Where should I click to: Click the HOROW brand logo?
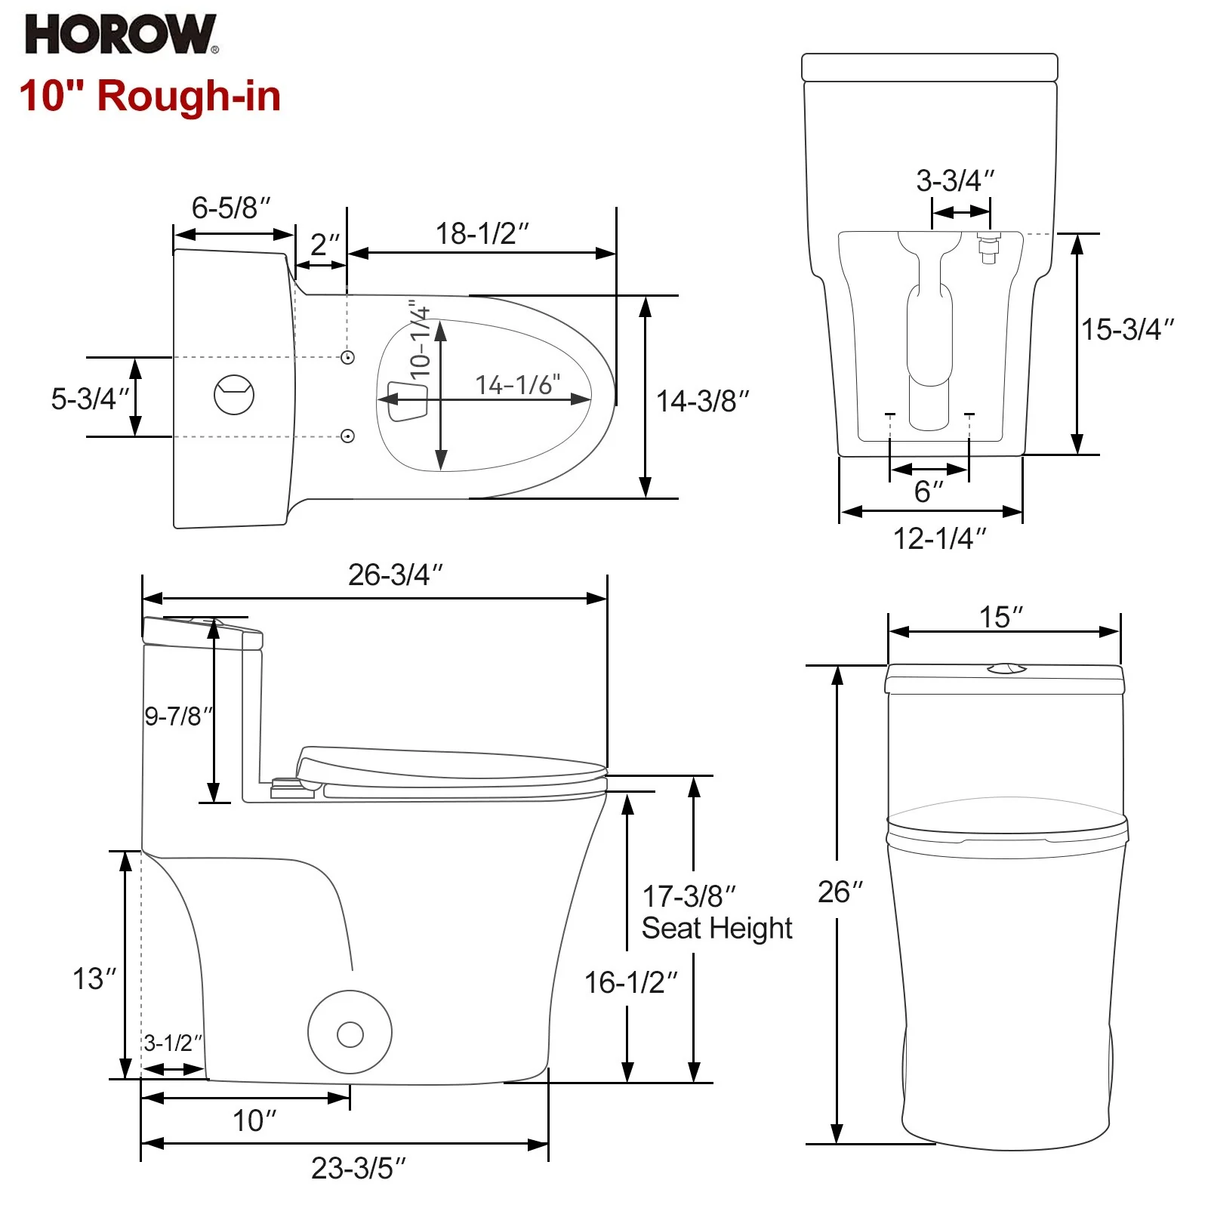pyautogui.click(x=121, y=35)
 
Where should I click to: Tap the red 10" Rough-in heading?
pyautogui.click(x=149, y=97)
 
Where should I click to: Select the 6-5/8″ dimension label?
pyautogui.click(x=230, y=208)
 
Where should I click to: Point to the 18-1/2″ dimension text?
pyautogui.click(x=482, y=234)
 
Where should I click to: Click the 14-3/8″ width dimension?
pyautogui.click(x=702, y=402)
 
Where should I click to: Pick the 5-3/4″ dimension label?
pyautogui.click(x=90, y=399)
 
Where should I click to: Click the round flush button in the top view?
pyautogui.click(x=234, y=394)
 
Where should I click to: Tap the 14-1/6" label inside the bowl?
pyautogui.click(x=518, y=385)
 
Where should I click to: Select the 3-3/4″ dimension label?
pyautogui.click(x=955, y=180)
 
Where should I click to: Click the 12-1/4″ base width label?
pyautogui.click(x=939, y=538)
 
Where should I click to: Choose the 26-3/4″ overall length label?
pyautogui.click(x=395, y=575)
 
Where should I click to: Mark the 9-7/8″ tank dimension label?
pyautogui.click(x=178, y=716)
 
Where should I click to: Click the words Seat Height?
pyautogui.click(x=716, y=928)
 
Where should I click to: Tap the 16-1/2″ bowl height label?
pyautogui.click(x=630, y=982)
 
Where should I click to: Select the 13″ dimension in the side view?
pyautogui.click(x=94, y=978)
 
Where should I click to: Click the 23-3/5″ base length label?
pyautogui.click(x=359, y=1168)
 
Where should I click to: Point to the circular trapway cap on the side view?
pyautogui.click(x=350, y=1032)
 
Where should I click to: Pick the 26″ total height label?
pyautogui.click(x=840, y=892)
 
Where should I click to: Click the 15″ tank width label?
pyautogui.click(x=1001, y=617)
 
